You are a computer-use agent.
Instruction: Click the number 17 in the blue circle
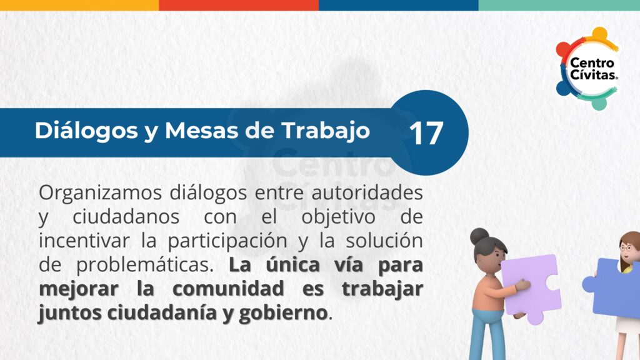point(426,133)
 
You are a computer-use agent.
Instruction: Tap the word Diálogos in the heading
point(86,131)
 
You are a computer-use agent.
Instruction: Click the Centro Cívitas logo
point(587,68)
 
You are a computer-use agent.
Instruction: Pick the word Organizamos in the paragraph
point(100,192)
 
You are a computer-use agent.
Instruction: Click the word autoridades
point(367,192)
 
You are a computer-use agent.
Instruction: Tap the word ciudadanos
point(126,216)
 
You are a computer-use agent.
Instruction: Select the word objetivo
point(338,217)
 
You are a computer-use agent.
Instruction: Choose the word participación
point(227,241)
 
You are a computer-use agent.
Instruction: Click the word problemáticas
point(145,265)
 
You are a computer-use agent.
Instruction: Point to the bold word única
point(292,264)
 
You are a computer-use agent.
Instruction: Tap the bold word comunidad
point(227,289)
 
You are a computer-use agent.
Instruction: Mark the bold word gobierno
point(283,313)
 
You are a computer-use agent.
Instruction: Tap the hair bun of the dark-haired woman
point(479,236)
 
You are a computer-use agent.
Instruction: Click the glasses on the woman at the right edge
point(626,247)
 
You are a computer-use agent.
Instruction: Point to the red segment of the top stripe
point(239,5)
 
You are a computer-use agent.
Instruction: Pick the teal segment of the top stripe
point(559,5)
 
